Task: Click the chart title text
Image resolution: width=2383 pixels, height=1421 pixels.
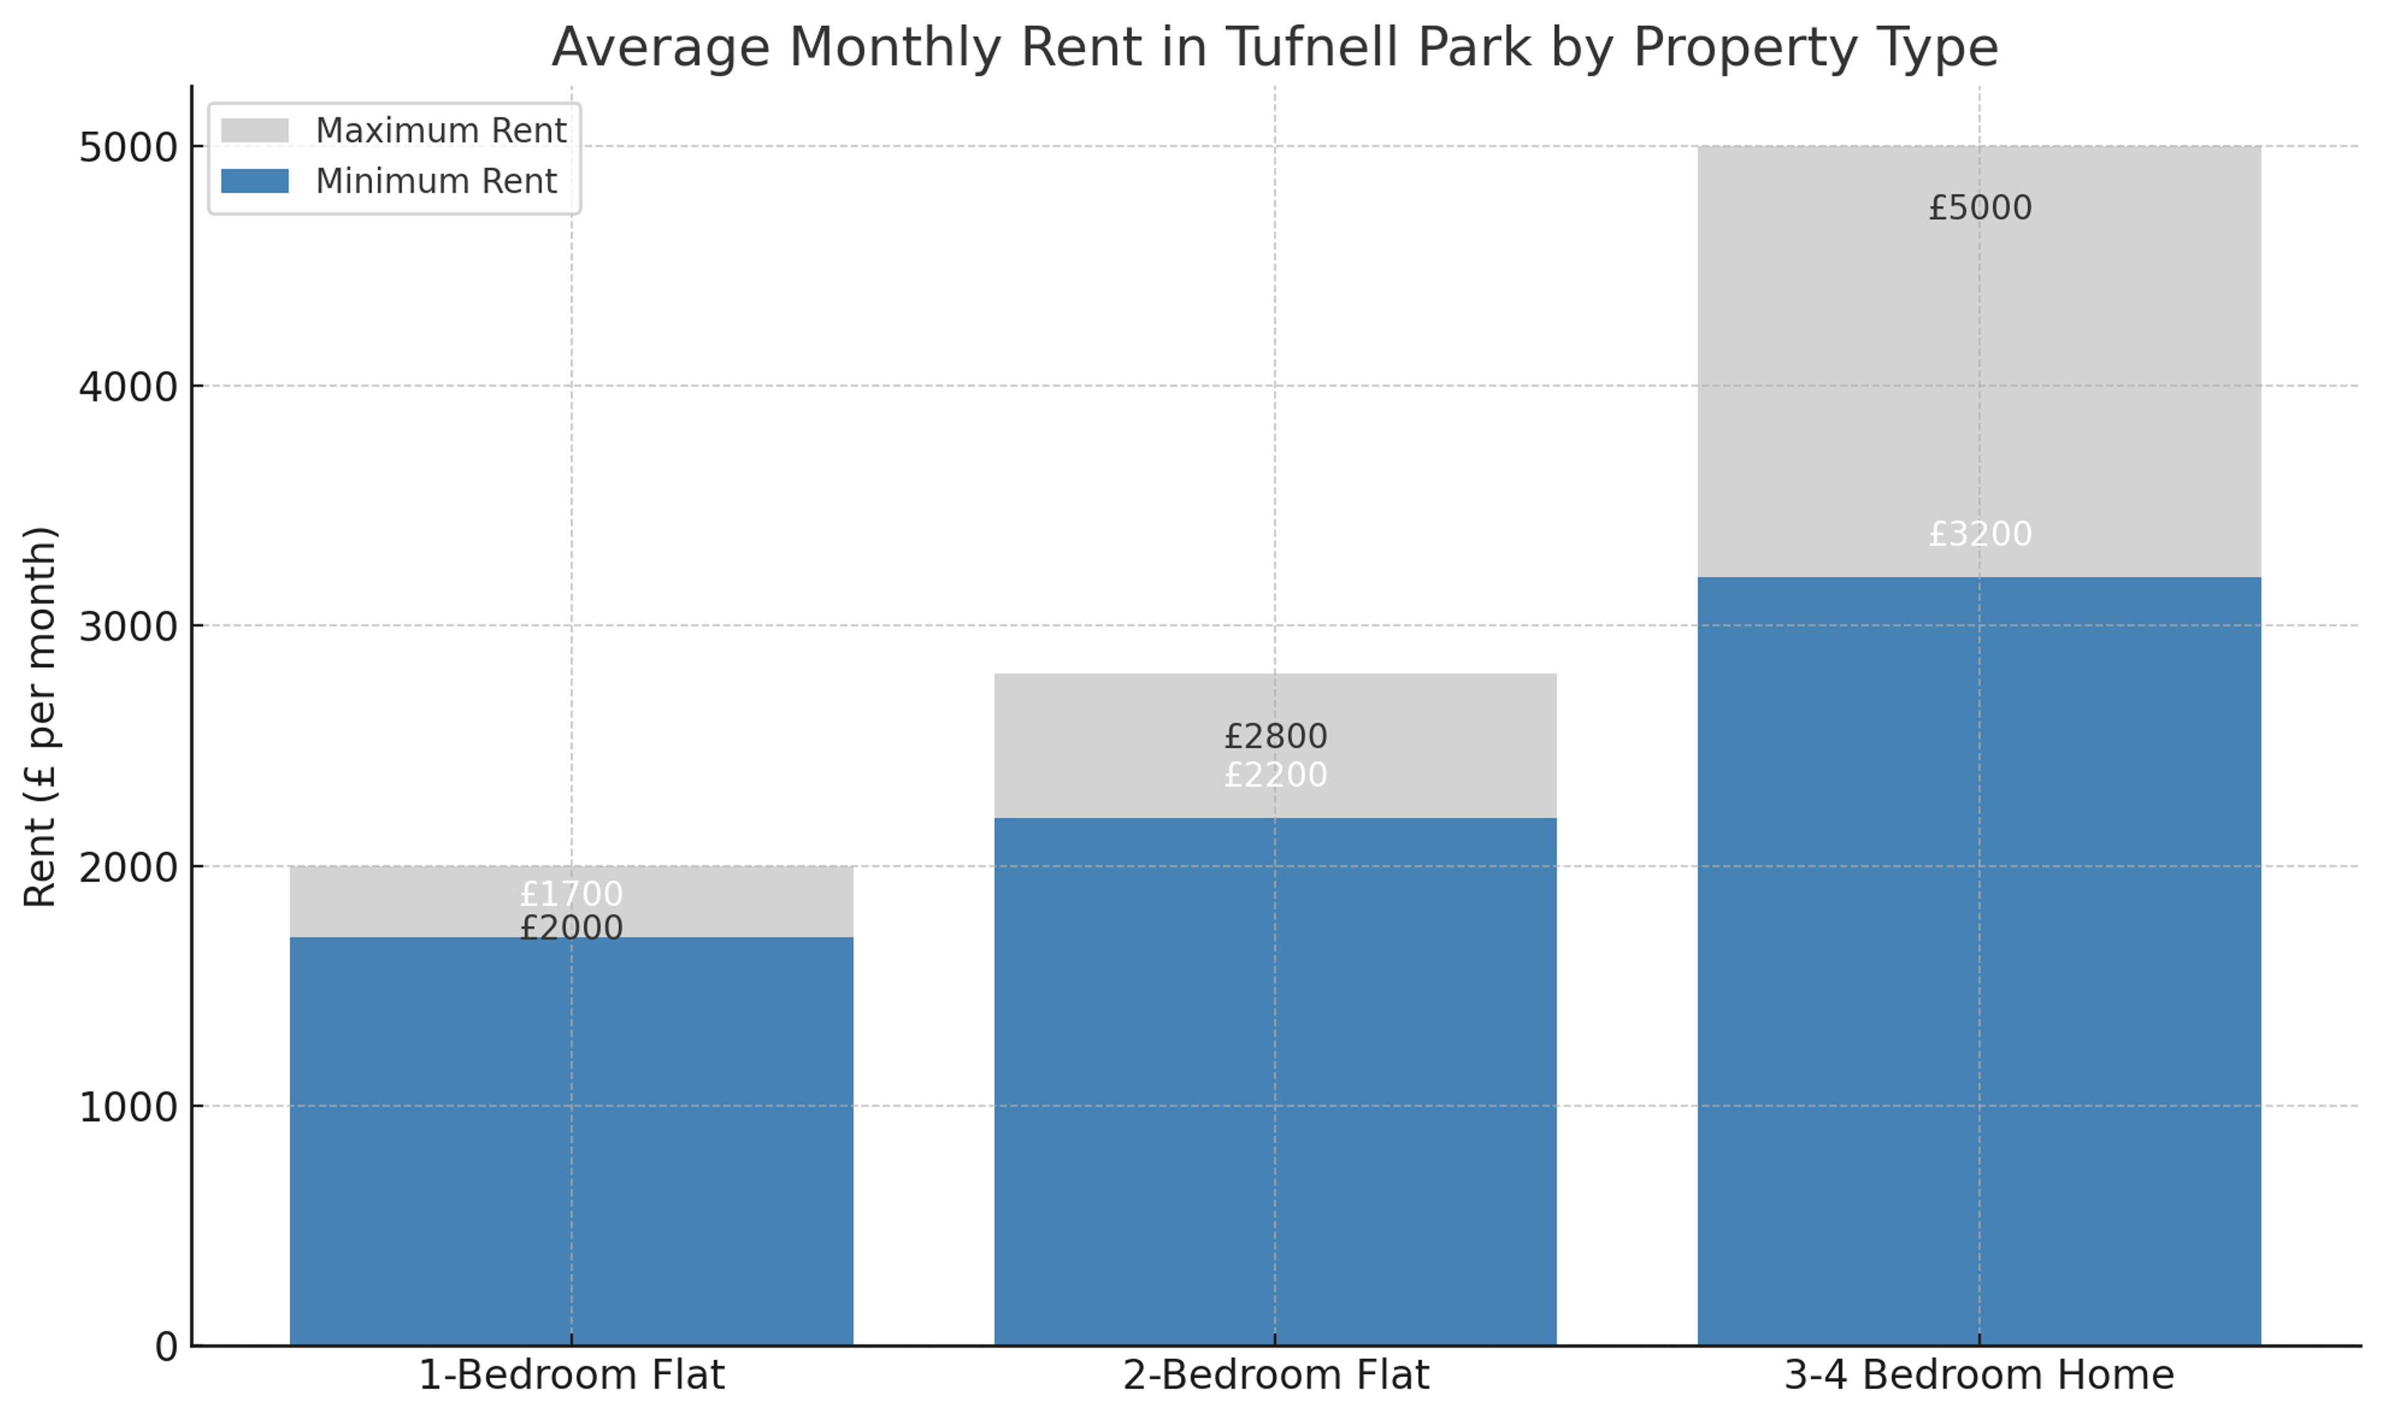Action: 1274,47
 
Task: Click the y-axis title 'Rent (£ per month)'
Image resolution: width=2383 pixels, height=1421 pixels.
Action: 41,716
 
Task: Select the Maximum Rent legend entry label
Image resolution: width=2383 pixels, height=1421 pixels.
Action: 441,130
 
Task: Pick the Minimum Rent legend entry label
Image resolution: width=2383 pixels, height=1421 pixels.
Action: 436,181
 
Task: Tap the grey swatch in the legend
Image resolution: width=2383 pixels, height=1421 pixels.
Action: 254,130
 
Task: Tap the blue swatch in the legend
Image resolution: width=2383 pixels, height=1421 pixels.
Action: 254,181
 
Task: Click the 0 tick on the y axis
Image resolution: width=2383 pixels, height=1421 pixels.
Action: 166,1347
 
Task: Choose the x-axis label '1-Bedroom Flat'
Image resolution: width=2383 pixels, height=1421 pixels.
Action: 572,1376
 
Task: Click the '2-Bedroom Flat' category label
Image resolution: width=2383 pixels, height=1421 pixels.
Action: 1275,1376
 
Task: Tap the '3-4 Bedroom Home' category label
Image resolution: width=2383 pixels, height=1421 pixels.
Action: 1979,1376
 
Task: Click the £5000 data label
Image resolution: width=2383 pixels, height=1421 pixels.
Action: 1979,208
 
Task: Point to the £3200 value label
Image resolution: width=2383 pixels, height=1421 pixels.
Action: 1979,534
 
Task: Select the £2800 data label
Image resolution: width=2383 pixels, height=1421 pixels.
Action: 1275,737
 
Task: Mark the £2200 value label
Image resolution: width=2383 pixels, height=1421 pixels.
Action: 1275,774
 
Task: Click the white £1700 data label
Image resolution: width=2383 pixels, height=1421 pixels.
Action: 572,894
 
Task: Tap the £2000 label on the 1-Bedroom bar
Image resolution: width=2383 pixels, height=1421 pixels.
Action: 572,928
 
